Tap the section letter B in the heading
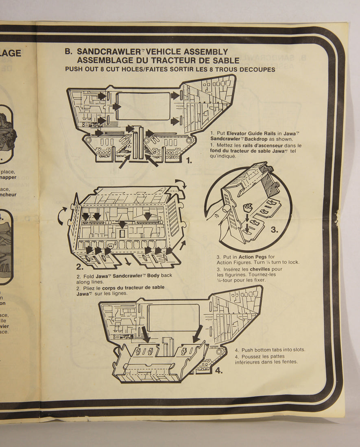point(68,52)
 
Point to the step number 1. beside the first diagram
point(189,161)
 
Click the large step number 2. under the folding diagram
point(80,267)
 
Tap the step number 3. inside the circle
point(274,230)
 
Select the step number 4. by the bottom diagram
point(218,370)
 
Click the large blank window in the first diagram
point(143,106)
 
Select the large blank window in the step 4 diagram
point(173,317)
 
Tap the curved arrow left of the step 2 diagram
point(62,215)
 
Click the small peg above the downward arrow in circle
point(247,208)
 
